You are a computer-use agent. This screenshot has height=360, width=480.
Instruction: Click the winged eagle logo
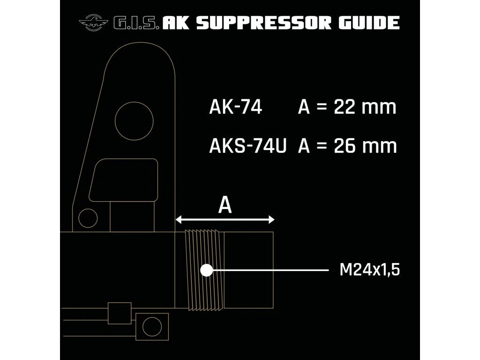[x=93, y=22]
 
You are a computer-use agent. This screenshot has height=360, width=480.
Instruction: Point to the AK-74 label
[x=235, y=107]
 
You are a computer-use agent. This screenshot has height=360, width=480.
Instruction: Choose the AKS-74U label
[x=247, y=146]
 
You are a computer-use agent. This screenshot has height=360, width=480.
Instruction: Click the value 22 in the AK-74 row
[x=345, y=107]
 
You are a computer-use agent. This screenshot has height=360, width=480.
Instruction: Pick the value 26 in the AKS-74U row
[x=345, y=146]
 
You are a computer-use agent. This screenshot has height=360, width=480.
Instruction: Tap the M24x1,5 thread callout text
[x=370, y=270]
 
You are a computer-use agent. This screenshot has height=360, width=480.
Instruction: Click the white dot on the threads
[x=206, y=270]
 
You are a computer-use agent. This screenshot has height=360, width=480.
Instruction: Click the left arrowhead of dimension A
[x=179, y=219]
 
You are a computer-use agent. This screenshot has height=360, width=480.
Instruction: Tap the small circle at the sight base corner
[x=88, y=218]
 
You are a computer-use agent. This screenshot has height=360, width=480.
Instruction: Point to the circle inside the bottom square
[x=152, y=324]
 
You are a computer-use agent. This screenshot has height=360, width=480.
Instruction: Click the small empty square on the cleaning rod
[x=119, y=313]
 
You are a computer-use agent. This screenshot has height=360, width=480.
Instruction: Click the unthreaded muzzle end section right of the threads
[x=248, y=270]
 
